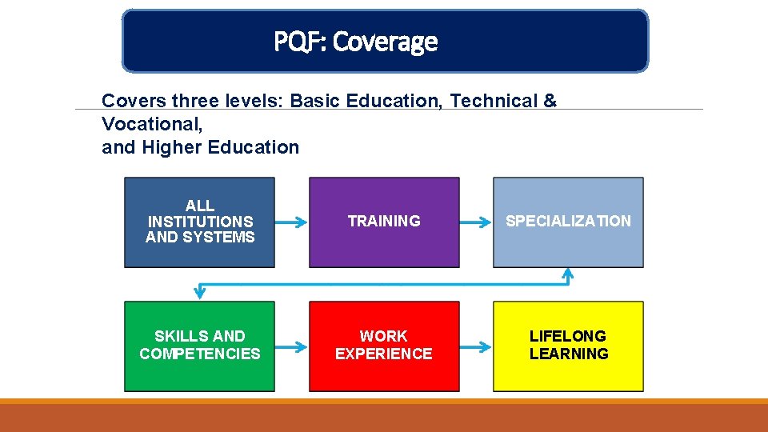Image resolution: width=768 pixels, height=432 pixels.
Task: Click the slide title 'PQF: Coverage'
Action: coord(355,41)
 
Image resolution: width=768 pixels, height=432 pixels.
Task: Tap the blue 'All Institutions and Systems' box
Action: coord(199,222)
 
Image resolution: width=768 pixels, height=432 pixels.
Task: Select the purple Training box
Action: coord(384,222)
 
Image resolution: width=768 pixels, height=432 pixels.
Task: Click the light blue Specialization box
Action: coord(568,222)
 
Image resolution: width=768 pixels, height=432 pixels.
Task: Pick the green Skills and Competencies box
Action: coord(199,346)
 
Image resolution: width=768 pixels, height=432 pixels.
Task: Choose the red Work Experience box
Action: coord(384,346)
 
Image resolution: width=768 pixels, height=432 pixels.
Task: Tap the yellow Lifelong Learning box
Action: coord(568,346)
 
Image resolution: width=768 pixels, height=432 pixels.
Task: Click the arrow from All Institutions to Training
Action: coord(291,222)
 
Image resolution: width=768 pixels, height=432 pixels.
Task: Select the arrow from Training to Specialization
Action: coord(476,222)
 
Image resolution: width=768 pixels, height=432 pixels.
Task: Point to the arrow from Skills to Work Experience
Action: coord(291,346)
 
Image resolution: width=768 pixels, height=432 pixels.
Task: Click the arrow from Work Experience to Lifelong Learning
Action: coord(476,346)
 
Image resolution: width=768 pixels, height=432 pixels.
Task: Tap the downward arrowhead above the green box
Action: coord(200,292)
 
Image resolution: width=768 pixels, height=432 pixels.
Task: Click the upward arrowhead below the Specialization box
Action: coord(568,274)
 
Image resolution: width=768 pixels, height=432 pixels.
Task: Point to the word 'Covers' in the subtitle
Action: coord(126,101)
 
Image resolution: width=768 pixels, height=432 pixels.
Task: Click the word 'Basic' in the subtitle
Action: coord(314,101)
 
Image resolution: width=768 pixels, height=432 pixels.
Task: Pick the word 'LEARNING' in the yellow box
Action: coord(568,354)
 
